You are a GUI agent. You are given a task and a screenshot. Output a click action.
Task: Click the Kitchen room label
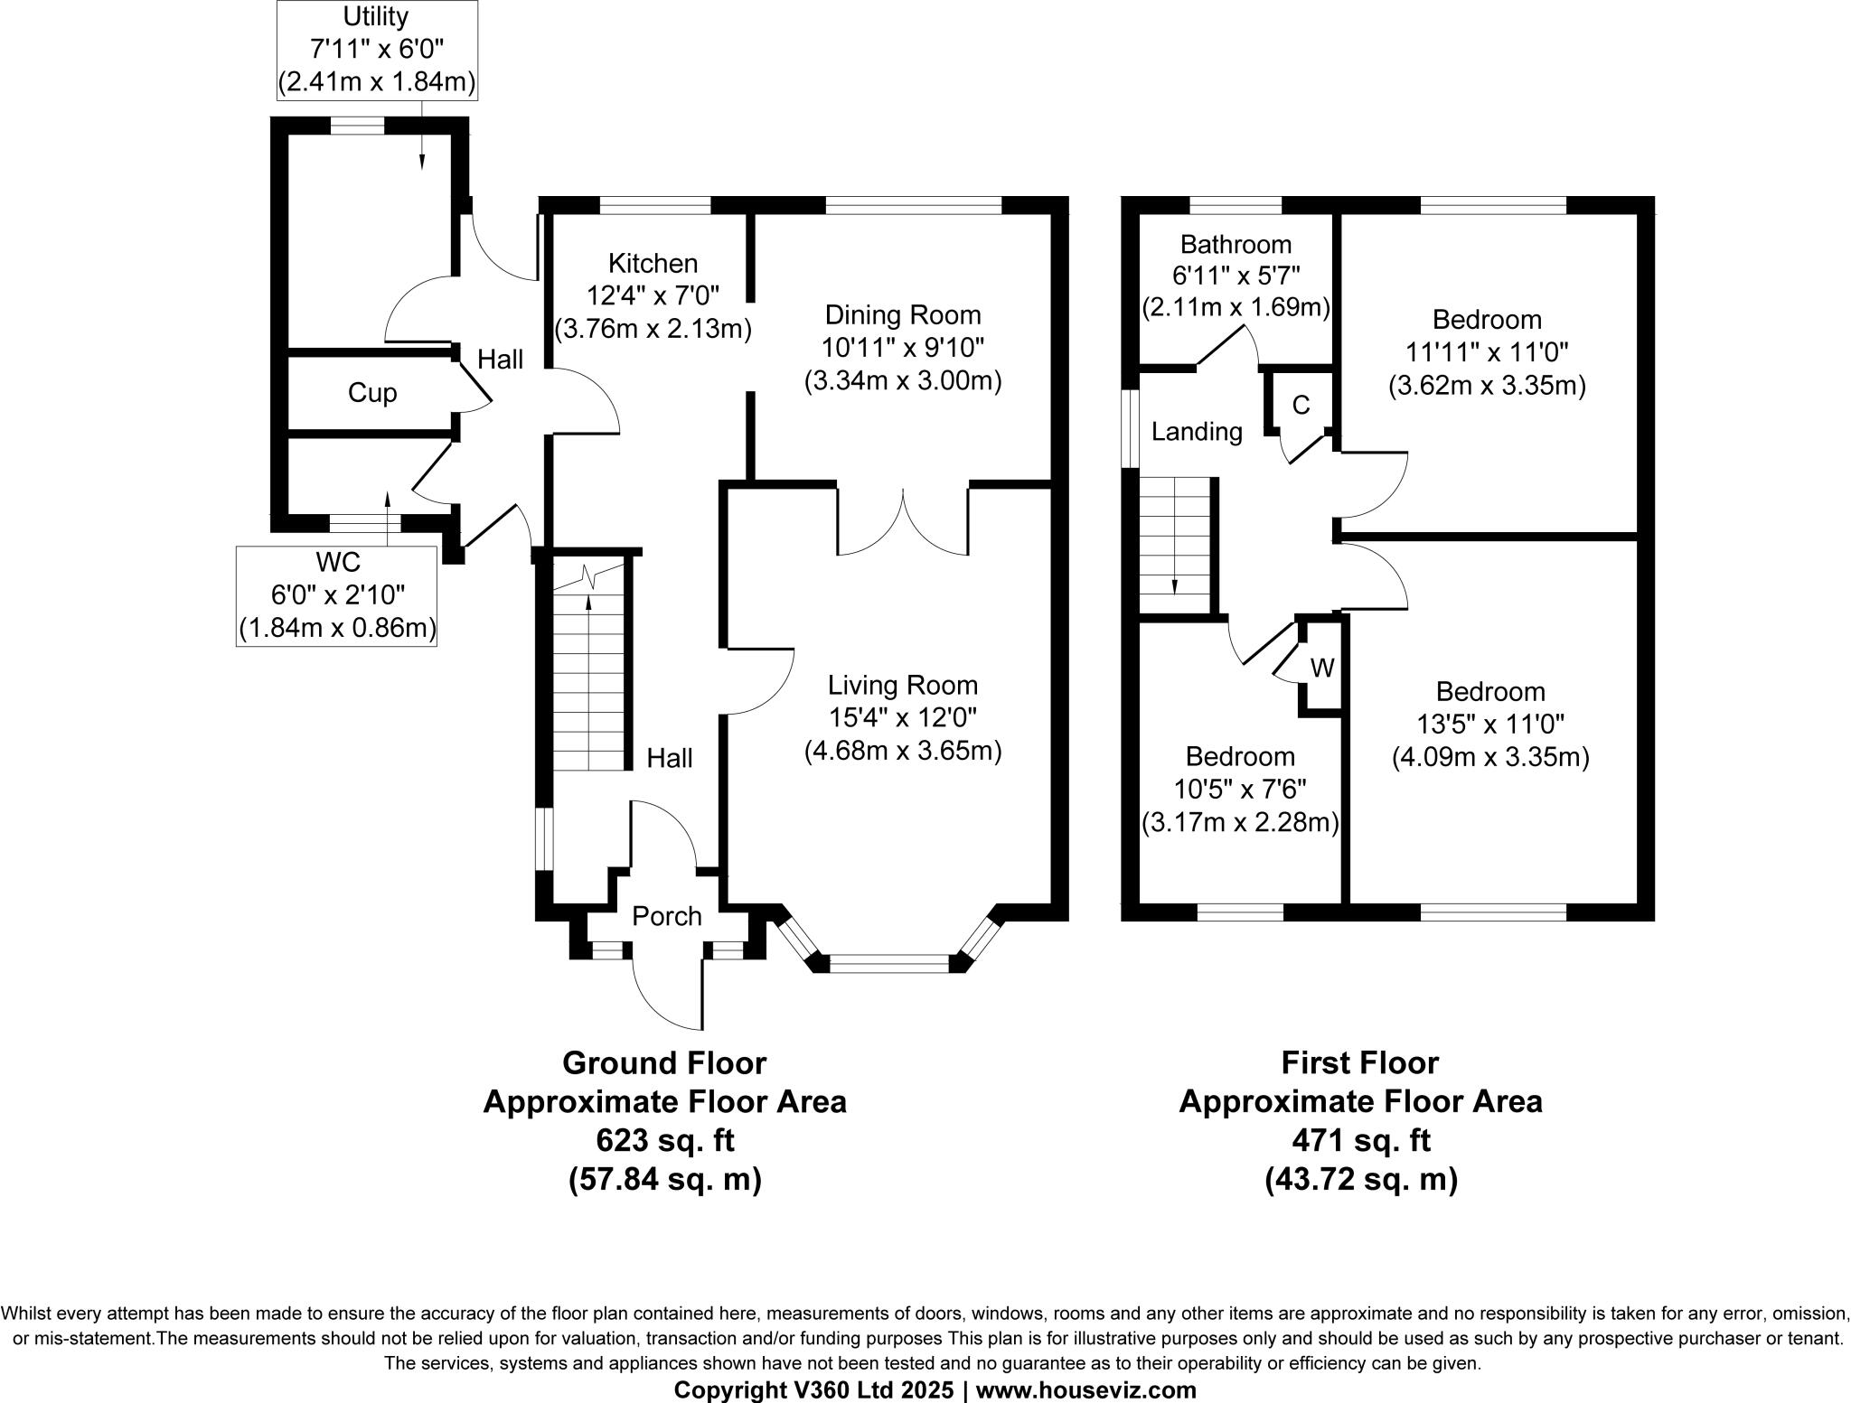653,264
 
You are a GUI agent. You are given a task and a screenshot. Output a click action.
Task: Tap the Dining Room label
902,315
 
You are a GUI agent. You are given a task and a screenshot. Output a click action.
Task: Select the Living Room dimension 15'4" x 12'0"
902,718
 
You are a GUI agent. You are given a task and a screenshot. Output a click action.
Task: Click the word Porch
666,916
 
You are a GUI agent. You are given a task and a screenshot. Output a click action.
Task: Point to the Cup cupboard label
372,393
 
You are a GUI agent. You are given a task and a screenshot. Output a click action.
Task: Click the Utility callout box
376,50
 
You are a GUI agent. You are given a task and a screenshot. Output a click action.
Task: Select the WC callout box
337,594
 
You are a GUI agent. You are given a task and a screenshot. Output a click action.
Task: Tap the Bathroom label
1236,245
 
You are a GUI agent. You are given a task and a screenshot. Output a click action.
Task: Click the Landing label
1197,432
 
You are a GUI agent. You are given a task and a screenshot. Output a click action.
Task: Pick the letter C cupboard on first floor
1301,406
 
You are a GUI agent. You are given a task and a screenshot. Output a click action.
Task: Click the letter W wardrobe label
1322,669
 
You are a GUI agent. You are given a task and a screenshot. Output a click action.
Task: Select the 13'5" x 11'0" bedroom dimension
1489,724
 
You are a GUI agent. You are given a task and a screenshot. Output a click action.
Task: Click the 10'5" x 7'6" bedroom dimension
1240,790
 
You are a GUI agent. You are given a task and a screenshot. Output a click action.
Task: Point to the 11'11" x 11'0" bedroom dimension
1487,352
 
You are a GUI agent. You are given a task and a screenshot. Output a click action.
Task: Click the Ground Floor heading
664,1062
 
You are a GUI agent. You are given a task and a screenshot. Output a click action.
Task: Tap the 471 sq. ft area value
1360,1141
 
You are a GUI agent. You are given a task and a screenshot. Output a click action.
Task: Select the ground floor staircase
588,669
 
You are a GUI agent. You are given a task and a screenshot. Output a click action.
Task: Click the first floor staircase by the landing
1174,547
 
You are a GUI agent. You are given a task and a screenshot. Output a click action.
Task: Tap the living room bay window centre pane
889,964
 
